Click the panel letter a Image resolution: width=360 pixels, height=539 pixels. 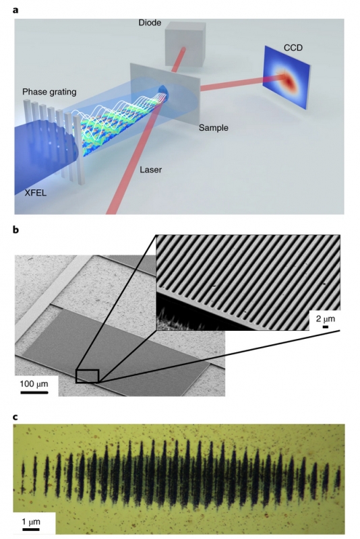(16, 10)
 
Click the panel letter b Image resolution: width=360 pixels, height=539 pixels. (16, 229)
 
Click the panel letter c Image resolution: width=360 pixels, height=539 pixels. (16, 417)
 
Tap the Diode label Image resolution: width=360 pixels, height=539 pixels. (150, 23)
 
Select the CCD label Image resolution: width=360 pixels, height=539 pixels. (293, 48)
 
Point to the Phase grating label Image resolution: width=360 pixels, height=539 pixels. (49, 92)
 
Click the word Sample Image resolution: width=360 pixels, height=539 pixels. (213, 128)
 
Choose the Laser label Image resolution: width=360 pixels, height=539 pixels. (150, 170)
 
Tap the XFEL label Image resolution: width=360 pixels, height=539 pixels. (36, 193)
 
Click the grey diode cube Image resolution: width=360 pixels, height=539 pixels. (184, 47)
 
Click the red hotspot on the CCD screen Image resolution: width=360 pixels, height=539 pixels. (287, 80)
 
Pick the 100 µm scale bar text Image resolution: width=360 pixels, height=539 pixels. (34, 383)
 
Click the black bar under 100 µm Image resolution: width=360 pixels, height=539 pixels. (34, 392)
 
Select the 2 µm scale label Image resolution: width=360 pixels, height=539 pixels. (325, 319)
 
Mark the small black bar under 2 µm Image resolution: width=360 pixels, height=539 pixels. (325, 327)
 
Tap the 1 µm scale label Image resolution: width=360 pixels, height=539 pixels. (31, 522)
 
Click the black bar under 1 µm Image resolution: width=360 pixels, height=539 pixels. (31, 530)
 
